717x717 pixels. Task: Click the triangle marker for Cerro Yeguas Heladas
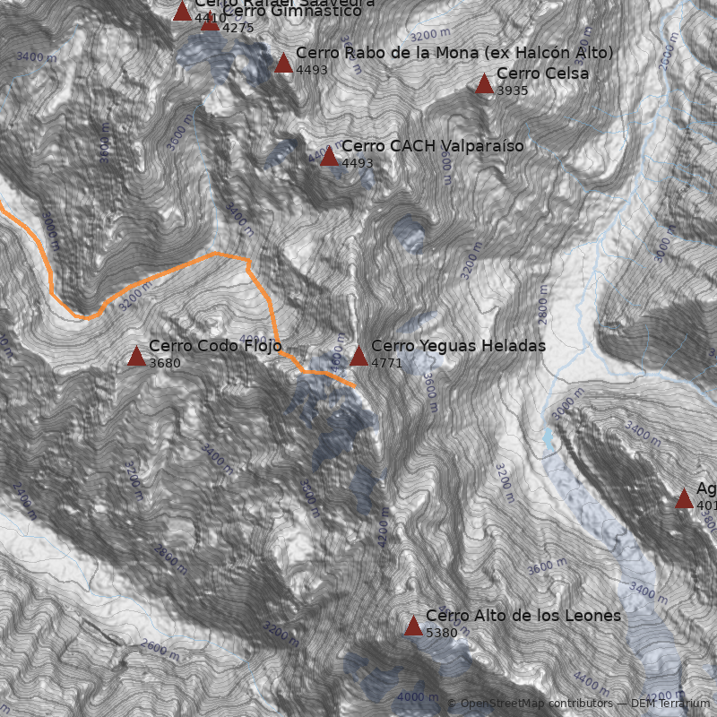pos(358,356)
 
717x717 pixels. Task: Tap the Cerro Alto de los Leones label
pos(523,616)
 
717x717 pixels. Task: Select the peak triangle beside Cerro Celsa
pos(484,84)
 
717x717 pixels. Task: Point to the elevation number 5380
pos(442,633)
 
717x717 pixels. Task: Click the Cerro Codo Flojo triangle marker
pos(136,357)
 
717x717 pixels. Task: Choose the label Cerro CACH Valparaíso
pos(432,146)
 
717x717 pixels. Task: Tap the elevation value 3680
pos(165,363)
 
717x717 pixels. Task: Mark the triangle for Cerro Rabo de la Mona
pos(283,63)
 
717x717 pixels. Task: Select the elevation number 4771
pos(387,363)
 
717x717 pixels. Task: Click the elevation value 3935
pos(513,91)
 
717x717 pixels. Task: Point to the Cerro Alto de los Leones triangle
pos(413,626)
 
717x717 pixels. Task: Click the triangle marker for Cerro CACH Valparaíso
pos(329,157)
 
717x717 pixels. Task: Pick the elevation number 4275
pos(238,28)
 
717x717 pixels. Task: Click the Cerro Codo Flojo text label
pos(215,346)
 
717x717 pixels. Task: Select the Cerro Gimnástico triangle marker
pos(210,22)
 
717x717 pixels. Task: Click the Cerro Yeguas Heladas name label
pos(458,346)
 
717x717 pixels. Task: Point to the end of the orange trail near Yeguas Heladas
pos(354,385)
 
